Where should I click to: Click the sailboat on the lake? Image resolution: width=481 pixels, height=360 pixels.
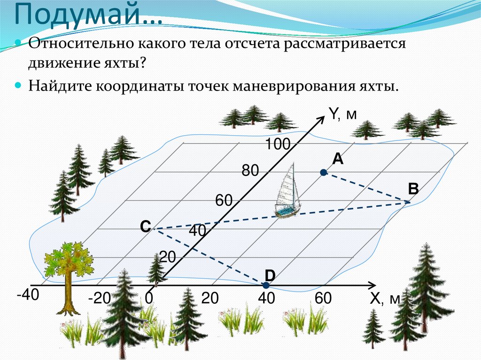pyautogui.click(x=287, y=192)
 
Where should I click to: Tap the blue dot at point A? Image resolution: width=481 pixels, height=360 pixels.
pyautogui.click(x=323, y=173)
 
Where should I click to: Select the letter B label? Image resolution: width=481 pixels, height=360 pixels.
pyautogui.click(x=413, y=189)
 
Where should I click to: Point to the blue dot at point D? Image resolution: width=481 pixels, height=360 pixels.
pyautogui.click(x=266, y=285)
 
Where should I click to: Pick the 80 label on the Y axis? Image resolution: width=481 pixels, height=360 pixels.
pyautogui.click(x=250, y=171)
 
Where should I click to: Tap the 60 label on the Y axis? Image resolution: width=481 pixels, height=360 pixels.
pyautogui.click(x=224, y=200)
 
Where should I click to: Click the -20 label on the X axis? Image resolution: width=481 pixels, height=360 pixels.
pyautogui.click(x=98, y=299)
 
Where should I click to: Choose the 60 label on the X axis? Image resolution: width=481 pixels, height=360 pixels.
pyautogui.click(x=323, y=299)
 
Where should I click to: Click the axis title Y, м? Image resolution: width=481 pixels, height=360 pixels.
pyautogui.click(x=343, y=113)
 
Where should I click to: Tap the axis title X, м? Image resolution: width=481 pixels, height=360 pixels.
pyautogui.click(x=384, y=299)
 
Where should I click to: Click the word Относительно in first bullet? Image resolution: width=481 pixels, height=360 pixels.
pyautogui.click(x=80, y=46)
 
